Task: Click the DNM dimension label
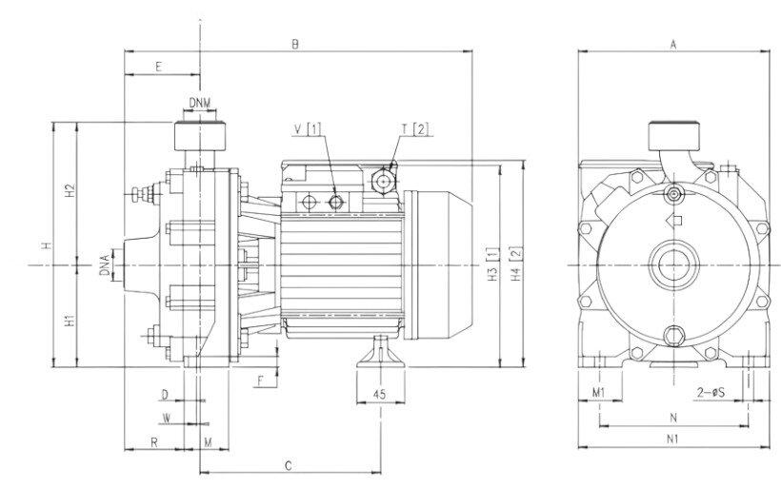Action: tap(199, 102)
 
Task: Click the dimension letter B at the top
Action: tap(296, 43)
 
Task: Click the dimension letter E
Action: tap(158, 67)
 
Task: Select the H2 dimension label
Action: tap(70, 193)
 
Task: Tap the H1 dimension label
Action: tap(70, 321)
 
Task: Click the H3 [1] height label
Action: tap(492, 265)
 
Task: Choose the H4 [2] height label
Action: tap(515, 265)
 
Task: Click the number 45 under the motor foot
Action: tap(378, 394)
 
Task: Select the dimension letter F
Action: tap(260, 381)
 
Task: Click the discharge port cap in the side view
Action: tap(199, 135)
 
